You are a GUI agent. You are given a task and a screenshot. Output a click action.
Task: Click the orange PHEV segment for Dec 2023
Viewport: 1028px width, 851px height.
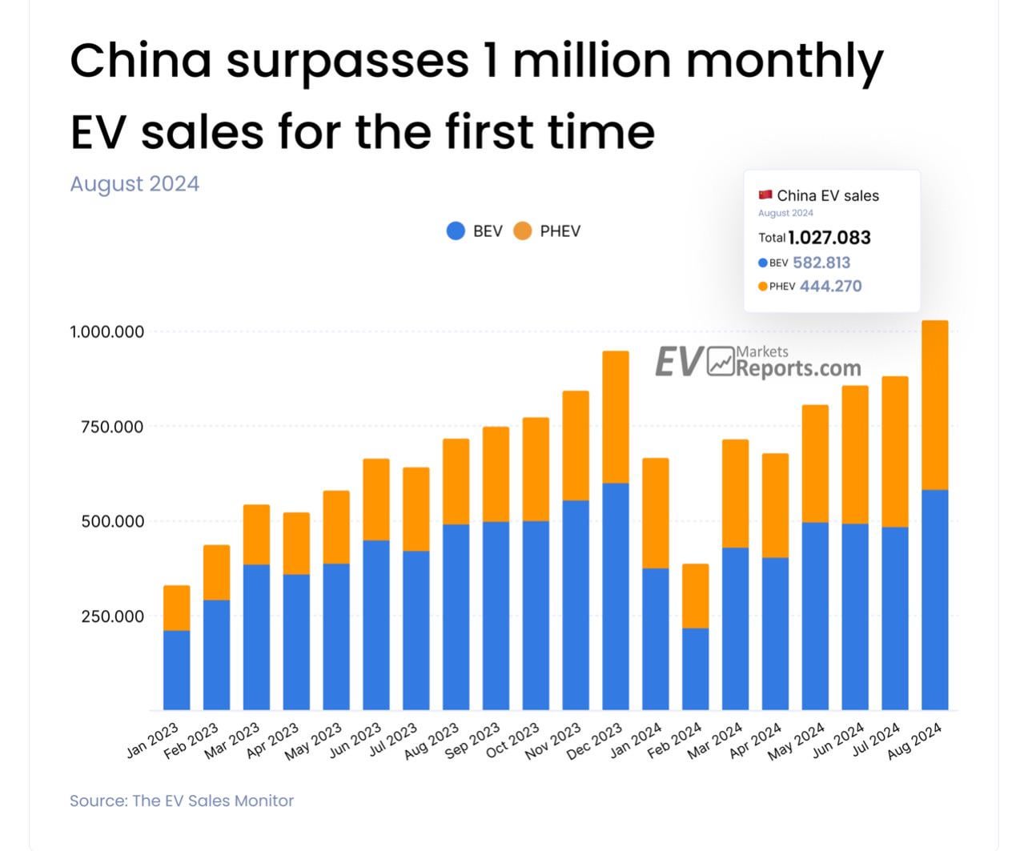pyautogui.click(x=615, y=417)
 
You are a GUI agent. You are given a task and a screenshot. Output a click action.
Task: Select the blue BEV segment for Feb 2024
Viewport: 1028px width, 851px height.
pyautogui.click(x=695, y=668)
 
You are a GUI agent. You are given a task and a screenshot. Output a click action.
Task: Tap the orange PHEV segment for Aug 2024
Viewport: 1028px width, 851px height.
pyautogui.click(x=934, y=405)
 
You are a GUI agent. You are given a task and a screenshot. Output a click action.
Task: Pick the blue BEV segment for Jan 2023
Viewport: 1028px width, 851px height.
pyautogui.click(x=176, y=670)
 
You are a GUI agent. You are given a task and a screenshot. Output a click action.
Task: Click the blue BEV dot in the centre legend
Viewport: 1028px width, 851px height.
pyautogui.click(x=456, y=231)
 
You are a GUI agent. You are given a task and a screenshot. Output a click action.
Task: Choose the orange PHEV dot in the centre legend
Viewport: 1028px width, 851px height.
pyautogui.click(x=522, y=231)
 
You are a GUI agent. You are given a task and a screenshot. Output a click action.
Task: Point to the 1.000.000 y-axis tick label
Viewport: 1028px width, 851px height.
pyautogui.click(x=107, y=331)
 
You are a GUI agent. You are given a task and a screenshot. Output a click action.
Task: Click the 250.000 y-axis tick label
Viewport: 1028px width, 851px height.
pyautogui.click(x=112, y=616)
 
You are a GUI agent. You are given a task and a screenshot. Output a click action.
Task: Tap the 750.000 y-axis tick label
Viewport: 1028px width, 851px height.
pyautogui.click(x=112, y=427)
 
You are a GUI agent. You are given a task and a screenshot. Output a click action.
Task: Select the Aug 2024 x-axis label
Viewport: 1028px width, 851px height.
pyautogui.click(x=915, y=741)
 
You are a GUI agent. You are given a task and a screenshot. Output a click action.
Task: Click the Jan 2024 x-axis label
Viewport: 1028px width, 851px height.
pyautogui.click(x=636, y=741)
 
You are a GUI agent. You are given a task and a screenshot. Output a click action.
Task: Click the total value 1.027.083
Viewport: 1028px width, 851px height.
pyautogui.click(x=829, y=238)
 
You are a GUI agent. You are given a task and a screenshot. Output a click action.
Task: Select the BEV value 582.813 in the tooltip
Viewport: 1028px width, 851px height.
pyautogui.click(x=821, y=263)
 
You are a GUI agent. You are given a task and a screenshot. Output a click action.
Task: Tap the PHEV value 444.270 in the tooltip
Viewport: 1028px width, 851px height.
pyautogui.click(x=830, y=287)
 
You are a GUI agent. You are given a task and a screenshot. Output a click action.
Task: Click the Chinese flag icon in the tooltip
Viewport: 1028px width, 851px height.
pyautogui.click(x=765, y=195)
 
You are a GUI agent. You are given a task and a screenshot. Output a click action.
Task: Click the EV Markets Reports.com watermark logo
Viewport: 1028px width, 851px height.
pyautogui.click(x=757, y=363)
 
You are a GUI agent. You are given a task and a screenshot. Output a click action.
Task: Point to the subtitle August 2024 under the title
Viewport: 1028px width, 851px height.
pyautogui.click(x=135, y=184)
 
